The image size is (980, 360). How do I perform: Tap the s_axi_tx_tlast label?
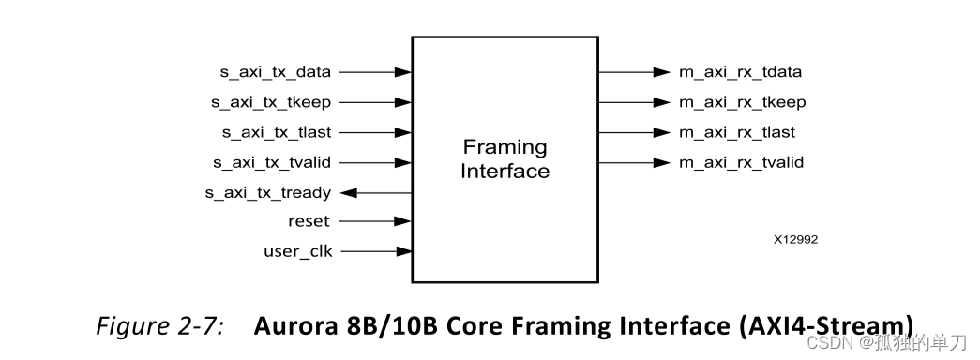point(276,132)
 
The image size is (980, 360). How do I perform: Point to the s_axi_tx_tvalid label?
point(272,162)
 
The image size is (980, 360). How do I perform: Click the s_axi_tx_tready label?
point(267,193)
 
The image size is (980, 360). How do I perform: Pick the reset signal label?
point(309,221)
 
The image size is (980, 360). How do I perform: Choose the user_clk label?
point(297,251)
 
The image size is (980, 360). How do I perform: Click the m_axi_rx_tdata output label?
point(740,72)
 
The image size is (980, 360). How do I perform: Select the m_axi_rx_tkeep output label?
point(742,102)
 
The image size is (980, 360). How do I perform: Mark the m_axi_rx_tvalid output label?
point(741,163)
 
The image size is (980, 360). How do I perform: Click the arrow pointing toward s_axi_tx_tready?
point(376,193)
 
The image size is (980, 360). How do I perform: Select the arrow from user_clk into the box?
point(375,251)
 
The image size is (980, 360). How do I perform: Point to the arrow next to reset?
point(375,221)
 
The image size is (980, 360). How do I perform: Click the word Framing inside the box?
point(505,147)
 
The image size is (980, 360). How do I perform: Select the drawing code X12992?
point(795,240)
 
